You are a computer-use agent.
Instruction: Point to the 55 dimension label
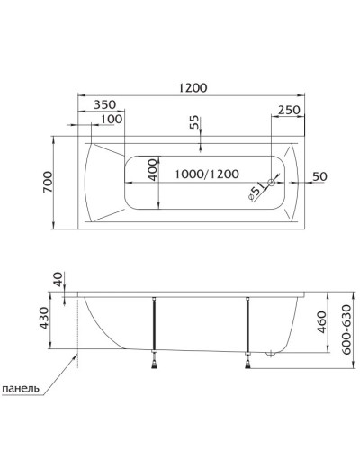tap(194, 123)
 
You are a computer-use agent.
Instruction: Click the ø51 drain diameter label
tap(254, 190)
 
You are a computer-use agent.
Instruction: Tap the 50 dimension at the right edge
tap(318, 175)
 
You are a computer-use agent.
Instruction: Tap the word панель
tap(20, 389)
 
